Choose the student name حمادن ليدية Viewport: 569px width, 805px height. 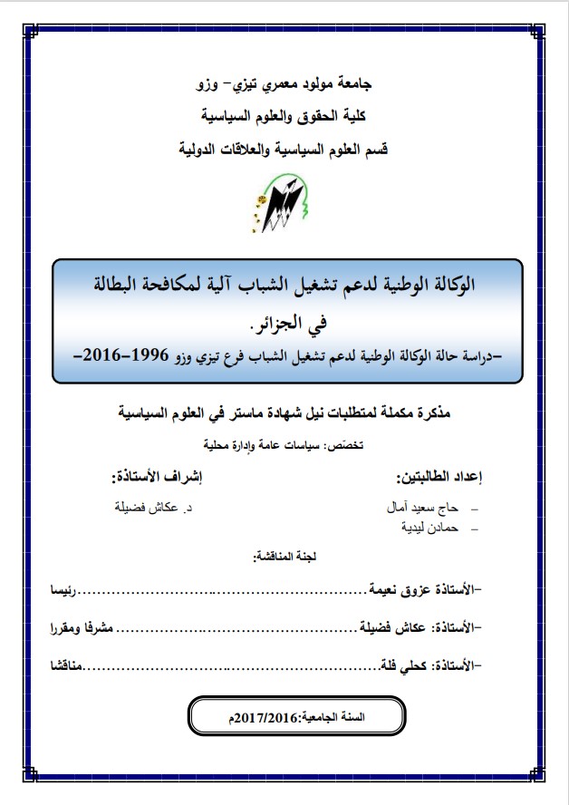tap(431, 526)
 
